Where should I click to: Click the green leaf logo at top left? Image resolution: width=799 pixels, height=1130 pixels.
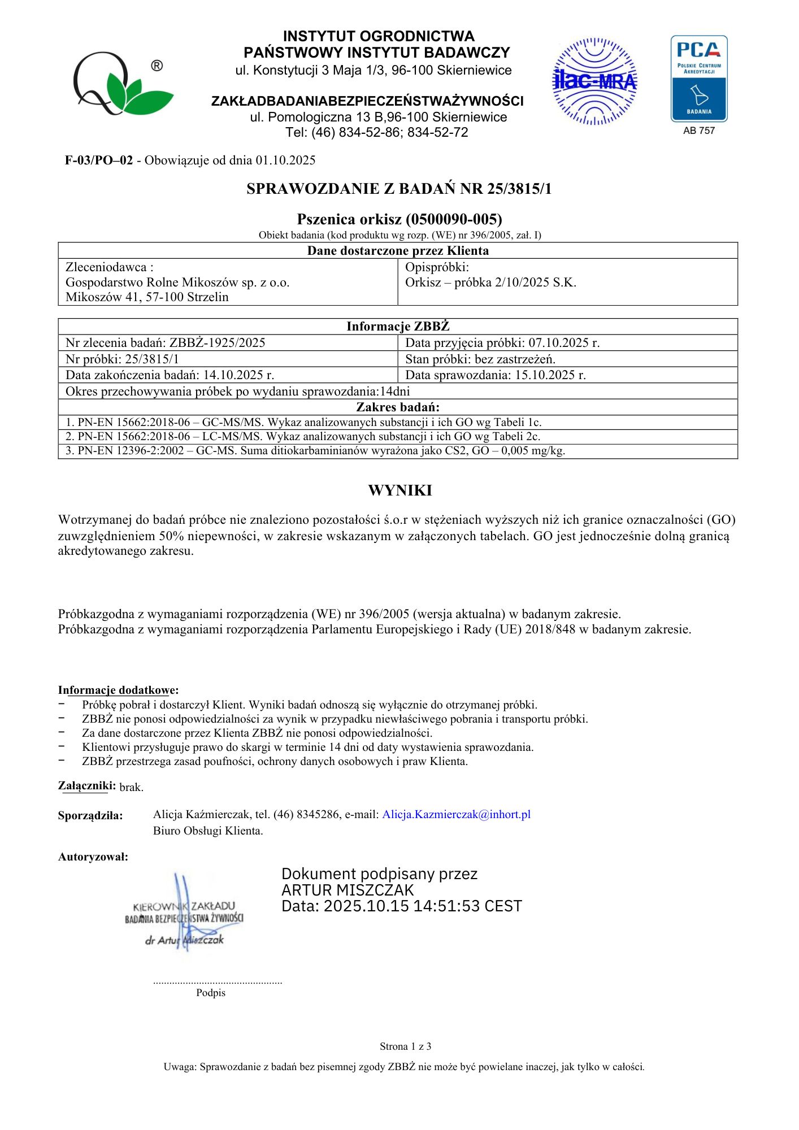[x=122, y=84]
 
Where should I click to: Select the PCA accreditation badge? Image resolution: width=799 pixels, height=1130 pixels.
[x=698, y=79]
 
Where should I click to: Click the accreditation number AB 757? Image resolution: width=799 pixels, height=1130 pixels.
[x=699, y=131]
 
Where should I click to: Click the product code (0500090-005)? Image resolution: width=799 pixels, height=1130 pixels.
[x=454, y=219]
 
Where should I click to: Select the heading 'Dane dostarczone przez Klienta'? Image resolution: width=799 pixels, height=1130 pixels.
[x=398, y=251]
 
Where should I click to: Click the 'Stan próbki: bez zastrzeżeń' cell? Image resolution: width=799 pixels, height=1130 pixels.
[x=480, y=359]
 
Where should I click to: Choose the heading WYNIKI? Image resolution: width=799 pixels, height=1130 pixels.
[x=399, y=490]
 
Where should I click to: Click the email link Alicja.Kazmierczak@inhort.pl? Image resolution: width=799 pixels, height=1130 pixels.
[x=456, y=814]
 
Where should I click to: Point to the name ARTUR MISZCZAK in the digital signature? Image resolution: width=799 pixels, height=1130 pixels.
[x=348, y=890]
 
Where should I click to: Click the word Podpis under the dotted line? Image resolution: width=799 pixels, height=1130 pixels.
[x=211, y=993]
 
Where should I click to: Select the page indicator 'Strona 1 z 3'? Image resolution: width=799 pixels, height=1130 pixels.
[x=405, y=1046]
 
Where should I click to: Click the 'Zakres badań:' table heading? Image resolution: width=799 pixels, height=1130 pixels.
[x=398, y=407]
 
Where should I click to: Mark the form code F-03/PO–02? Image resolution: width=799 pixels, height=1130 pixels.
[x=99, y=160]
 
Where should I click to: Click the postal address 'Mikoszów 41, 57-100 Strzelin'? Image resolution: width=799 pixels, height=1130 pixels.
[x=147, y=297]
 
